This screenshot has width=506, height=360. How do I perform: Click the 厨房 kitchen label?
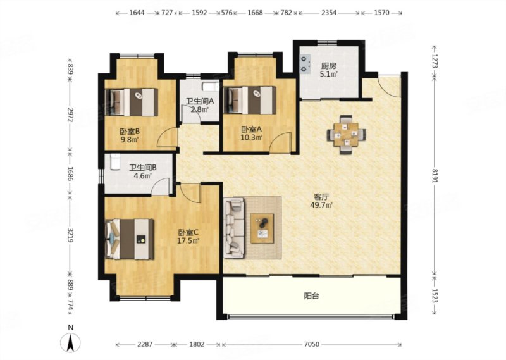(328, 66)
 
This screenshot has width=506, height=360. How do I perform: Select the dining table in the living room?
(346, 134)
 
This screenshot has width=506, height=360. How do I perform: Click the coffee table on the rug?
(262, 228)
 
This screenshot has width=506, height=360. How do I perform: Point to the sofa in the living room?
(234, 228)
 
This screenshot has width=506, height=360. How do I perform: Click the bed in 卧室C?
(130, 239)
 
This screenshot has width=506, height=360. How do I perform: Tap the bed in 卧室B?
(132, 102)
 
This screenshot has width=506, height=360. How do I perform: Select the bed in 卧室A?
(250, 100)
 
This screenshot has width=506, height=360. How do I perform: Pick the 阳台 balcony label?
(311, 295)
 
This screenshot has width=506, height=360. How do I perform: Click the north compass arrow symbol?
(70, 342)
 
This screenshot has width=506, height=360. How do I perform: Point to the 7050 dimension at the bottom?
(311, 344)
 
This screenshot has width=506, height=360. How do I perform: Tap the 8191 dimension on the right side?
(435, 176)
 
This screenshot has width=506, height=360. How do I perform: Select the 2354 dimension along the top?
(329, 13)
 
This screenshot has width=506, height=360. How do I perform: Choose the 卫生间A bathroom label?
(200, 101)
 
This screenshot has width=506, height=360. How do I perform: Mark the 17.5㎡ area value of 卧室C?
(188, 240)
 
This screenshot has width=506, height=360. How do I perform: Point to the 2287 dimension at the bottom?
(145, 344)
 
